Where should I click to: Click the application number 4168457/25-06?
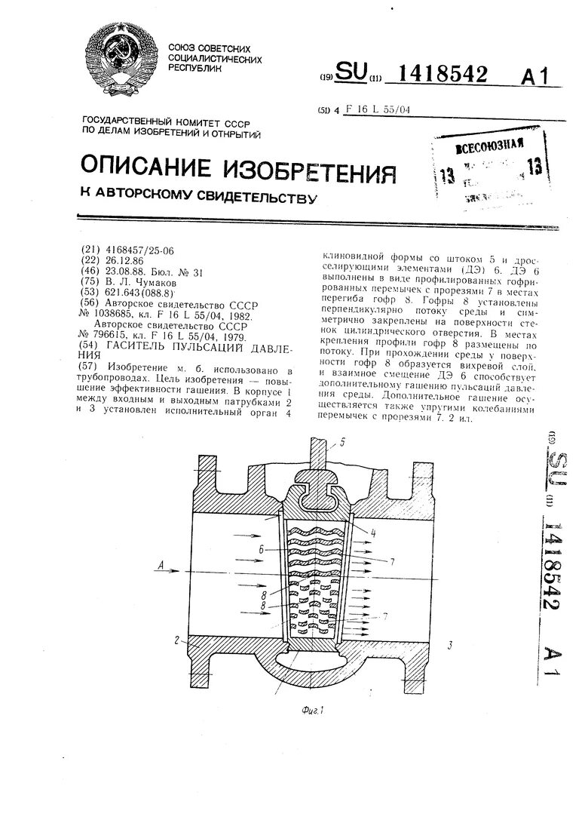pyautogui.click(x=139, y=250)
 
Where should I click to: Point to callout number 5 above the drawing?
pyautogui.click(x=342, y=444)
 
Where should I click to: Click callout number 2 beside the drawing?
pyautogui.click(x=176, y=640)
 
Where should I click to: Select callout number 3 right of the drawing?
pyautogui.click(x=450, y=645)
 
